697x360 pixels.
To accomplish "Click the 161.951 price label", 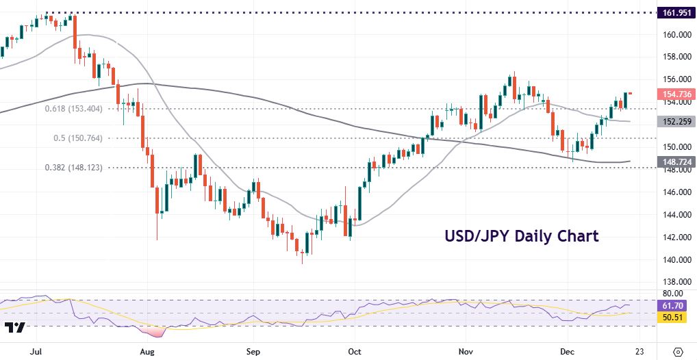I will (x=675, y=12).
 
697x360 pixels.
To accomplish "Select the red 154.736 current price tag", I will (x=675, y=94).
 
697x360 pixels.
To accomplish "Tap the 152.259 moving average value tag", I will (x=675, y=121).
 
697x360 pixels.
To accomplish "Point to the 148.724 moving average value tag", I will (x=675, y=162).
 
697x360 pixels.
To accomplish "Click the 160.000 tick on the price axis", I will (x=675, y=35).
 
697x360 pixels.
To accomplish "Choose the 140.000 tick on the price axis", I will (x=675, y=259).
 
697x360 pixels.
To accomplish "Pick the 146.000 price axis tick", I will (x=675, y=192).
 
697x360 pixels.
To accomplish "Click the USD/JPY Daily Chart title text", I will (x=521, y=237).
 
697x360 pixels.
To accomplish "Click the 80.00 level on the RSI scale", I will (x=672, y=294).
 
